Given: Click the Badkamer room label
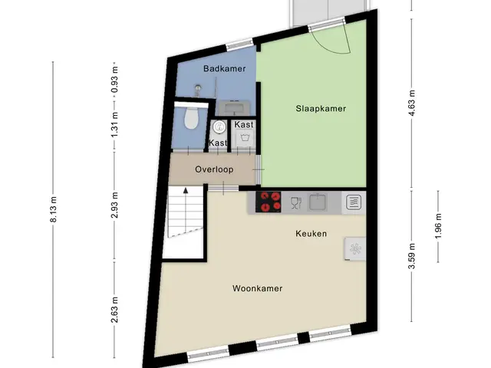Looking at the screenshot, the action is tap(224, 68).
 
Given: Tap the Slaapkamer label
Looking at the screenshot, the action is tap(321, 109).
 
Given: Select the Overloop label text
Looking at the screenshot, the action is tap(214, 169).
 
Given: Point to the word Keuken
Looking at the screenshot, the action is tap(311, 233).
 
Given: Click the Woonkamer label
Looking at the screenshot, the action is tap(258, 288).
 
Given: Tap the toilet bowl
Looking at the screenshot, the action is tap(191, 117).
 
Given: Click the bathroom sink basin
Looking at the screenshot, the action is tap(234, 108).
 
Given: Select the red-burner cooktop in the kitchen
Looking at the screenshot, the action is tap(268, 202).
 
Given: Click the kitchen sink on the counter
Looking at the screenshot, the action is tap(318, 202).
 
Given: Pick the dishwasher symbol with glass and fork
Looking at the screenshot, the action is tap(295, 202).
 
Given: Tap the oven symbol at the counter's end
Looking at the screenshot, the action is tap(354, 202).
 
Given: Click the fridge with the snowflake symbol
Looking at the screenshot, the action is tap(355, 248).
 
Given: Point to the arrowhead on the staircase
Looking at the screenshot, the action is tap(186, 190).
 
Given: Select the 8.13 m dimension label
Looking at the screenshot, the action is tap(53, 209).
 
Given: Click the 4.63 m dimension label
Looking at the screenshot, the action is tap(412, 103).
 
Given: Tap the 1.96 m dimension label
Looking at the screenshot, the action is tap(438, 226).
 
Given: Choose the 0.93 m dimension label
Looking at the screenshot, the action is tap(114, 80).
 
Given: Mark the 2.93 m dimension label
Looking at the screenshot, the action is tap(114, 205).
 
